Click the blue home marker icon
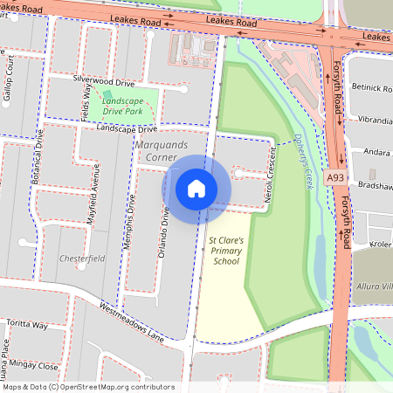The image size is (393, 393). tap(196, 188)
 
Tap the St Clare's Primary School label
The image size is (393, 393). tap(224, 250)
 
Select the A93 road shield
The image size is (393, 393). tap(334, 176)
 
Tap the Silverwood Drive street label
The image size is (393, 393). tap(105, 81)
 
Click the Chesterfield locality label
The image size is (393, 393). tap(81, 259)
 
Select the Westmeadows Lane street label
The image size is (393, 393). tap(132, 322)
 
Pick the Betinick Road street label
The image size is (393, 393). tap(372, 88)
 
